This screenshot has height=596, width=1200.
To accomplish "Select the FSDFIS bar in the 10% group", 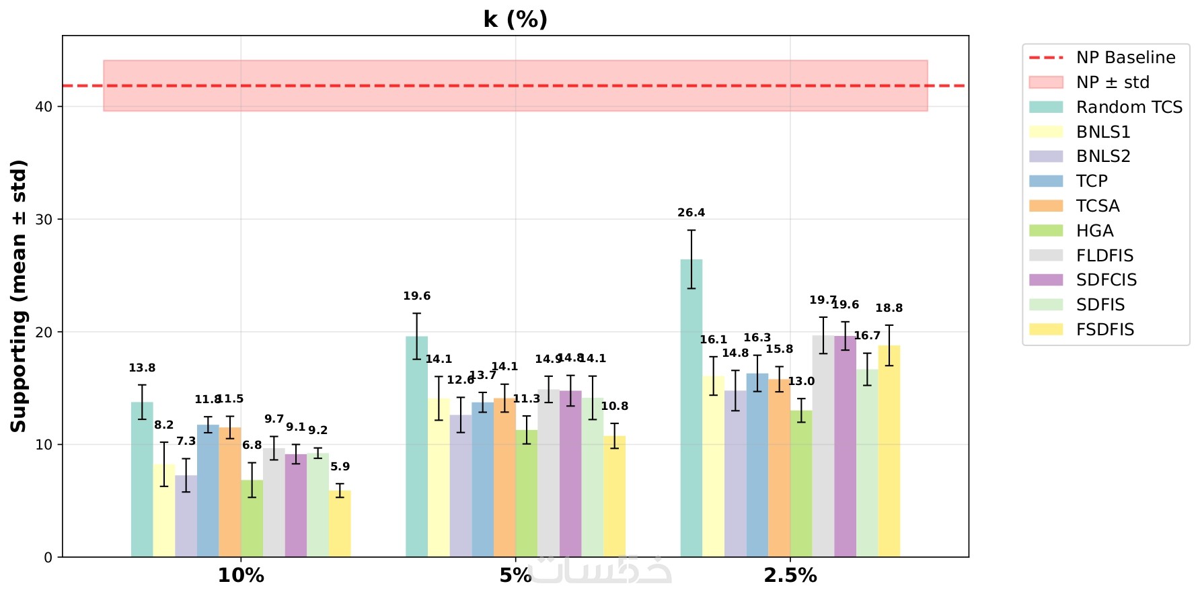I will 340,523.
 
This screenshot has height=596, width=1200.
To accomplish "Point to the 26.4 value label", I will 691,213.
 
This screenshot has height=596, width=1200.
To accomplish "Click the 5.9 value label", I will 340,467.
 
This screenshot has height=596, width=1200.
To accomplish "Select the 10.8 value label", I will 614,407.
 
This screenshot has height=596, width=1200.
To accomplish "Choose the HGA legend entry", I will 1094,231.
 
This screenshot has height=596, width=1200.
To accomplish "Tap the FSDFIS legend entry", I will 1104,330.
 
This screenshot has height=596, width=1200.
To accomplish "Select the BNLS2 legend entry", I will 1102,157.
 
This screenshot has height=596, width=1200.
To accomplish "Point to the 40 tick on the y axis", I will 44,107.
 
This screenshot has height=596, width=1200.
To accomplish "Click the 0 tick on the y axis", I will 48,558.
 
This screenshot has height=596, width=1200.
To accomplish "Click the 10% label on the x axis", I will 241,576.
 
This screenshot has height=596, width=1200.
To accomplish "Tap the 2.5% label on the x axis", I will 790,576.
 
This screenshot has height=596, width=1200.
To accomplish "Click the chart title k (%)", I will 515,19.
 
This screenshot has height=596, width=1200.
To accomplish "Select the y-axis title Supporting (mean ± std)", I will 19,296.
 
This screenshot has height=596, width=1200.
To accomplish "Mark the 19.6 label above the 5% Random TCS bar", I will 416,296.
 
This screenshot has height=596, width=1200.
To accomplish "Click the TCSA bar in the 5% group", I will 504,477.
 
